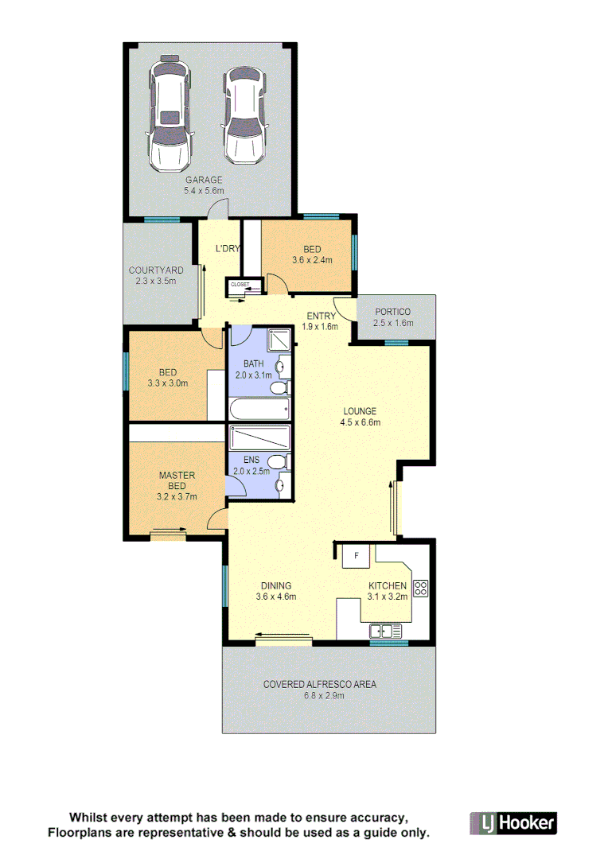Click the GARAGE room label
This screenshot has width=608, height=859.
pyautogui.click(x=205, y=180)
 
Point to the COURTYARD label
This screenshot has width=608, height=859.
pyautogui.click(x=156, y=270)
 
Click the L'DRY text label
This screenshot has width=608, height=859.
pyautogui.click(x=228, y=249)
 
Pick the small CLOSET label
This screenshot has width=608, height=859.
pyautogui.click(x=240, y=284)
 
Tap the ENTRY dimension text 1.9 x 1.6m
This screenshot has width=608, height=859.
pyautogui.click(x=322, y=327)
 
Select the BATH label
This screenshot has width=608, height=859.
pyautogui.click(x=254, y=364)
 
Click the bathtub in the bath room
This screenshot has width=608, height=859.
pyautogui.click(x=259, y=410)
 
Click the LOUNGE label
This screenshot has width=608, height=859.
pyautogui.click(x=360, y=411)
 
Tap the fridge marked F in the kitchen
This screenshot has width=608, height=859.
pyautogui.click(x=357, y=556)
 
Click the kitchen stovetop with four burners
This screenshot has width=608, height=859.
pyautogui.click(x=421, y=589)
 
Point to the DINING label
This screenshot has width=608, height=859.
pyautogui.click(x=276, y=586)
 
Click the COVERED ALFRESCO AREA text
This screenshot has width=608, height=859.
pyautogui.click(x=320, y=684)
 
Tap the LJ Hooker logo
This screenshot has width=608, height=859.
pyautogui.click(x=513, y=822)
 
